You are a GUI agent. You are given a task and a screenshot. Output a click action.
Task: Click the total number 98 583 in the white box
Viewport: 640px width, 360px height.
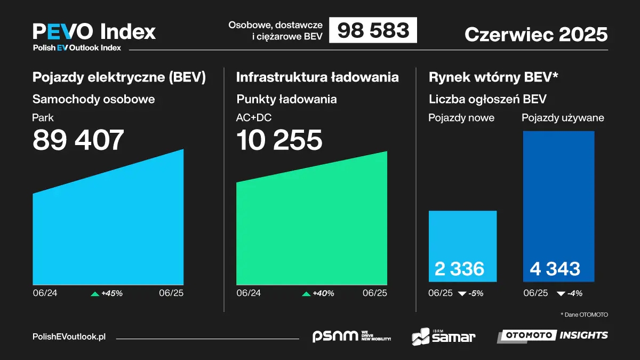coord(373,30)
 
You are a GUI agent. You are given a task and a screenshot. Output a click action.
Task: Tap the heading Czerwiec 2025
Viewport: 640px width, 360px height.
coord(536,34)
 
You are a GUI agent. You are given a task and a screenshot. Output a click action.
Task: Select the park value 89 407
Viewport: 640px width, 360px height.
coord(78,140)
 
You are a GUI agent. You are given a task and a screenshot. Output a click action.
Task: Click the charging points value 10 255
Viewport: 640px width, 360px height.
coord(279,140)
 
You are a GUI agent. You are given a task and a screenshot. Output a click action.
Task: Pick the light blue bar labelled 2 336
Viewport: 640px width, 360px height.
coord(462,246)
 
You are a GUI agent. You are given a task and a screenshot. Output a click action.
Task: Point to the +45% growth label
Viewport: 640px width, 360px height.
coord(112,293)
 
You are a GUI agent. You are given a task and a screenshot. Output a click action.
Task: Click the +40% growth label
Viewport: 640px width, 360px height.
coord(323,293)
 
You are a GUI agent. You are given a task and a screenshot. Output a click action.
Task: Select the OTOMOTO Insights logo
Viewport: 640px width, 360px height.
coord(553,335)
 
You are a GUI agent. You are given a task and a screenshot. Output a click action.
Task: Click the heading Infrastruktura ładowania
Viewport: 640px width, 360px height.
coord(317,77)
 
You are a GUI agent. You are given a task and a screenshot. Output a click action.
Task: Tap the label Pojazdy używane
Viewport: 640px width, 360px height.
coord(563,118)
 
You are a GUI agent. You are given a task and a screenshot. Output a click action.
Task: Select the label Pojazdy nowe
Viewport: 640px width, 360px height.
coord(461,118)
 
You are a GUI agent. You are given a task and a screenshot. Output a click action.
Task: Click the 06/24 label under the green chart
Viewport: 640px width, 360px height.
coord(249,293)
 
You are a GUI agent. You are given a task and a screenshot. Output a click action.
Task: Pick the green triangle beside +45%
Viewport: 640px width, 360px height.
coord(95,293)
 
